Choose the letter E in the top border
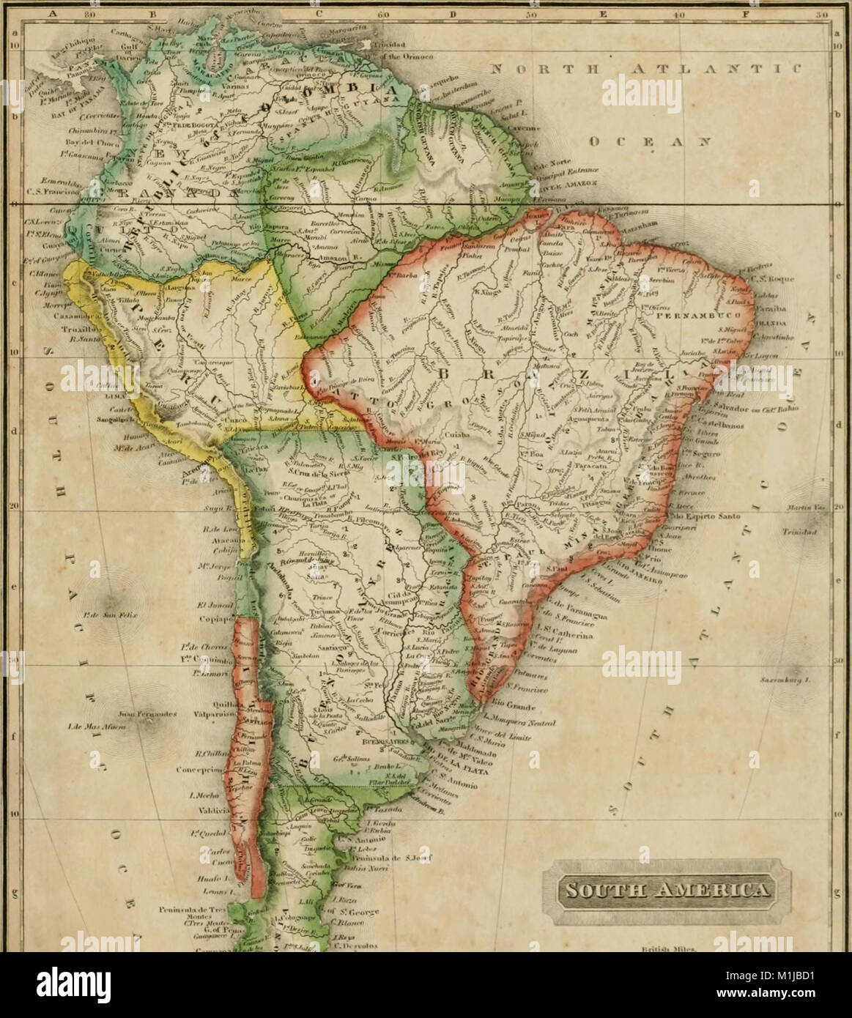pos(603,12)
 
